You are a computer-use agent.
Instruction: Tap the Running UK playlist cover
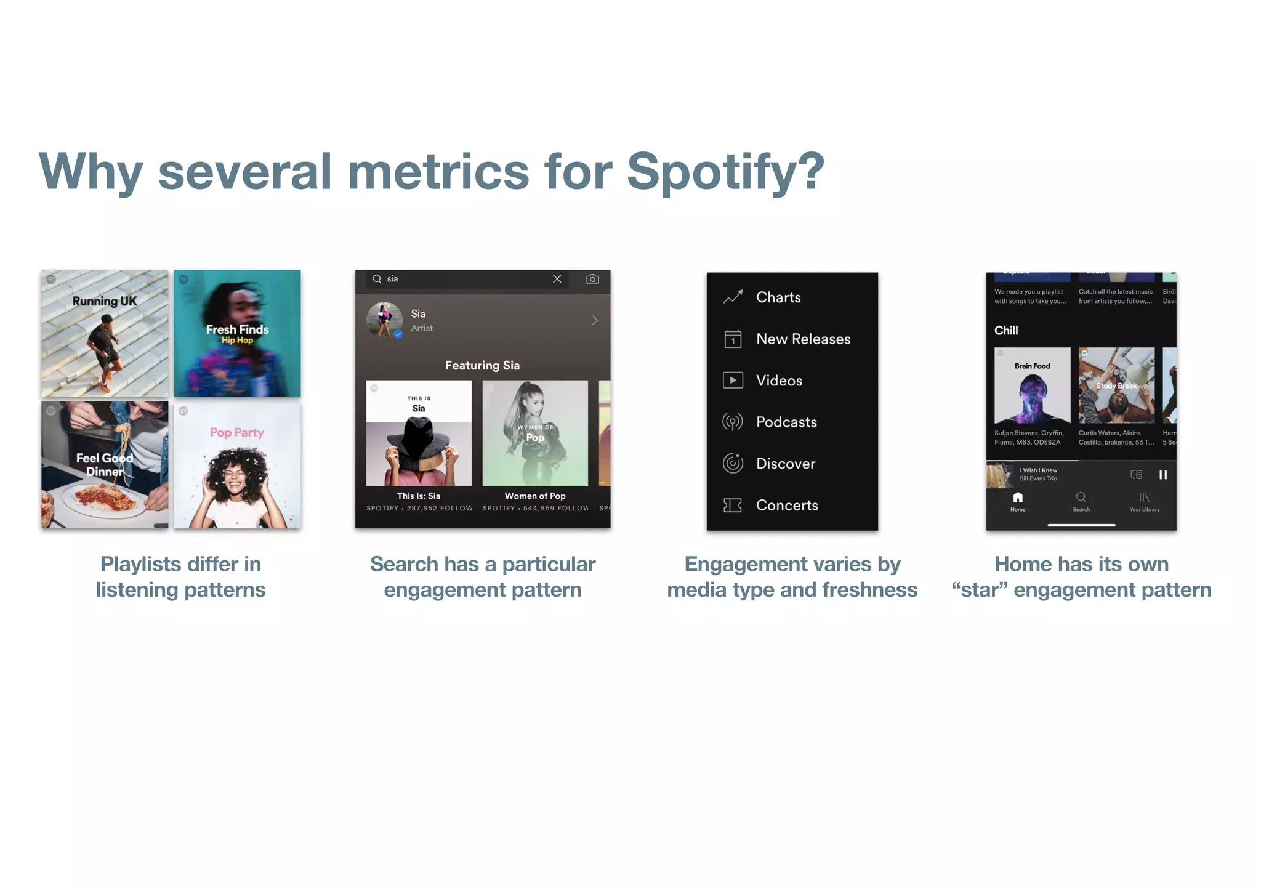coord(105,333)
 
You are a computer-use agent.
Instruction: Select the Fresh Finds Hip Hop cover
coord(237,333)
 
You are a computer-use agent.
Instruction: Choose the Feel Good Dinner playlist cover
coord(105,465)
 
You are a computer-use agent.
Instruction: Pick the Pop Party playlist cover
coord(237,465)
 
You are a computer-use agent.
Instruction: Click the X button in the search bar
coord(557,279)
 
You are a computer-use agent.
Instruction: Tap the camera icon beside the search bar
coord(592,280)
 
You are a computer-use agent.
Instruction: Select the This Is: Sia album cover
coord(419,433)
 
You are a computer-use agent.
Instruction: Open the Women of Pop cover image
coord(535,433)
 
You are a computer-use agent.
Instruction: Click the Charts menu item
coord(778,297)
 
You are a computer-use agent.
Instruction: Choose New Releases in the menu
coord(803,339)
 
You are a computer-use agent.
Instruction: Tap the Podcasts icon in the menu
coord(733,422)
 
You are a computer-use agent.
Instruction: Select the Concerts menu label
coord(787,506)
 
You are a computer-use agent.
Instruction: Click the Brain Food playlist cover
coord(1033,385)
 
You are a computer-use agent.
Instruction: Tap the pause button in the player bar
coord(1163,475)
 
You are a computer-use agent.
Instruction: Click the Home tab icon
coord(1018,498)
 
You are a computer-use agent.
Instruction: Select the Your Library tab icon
coord(1144,498)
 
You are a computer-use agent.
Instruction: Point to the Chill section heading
coord(1006,331)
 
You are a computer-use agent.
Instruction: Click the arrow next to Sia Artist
coord(595,320)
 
